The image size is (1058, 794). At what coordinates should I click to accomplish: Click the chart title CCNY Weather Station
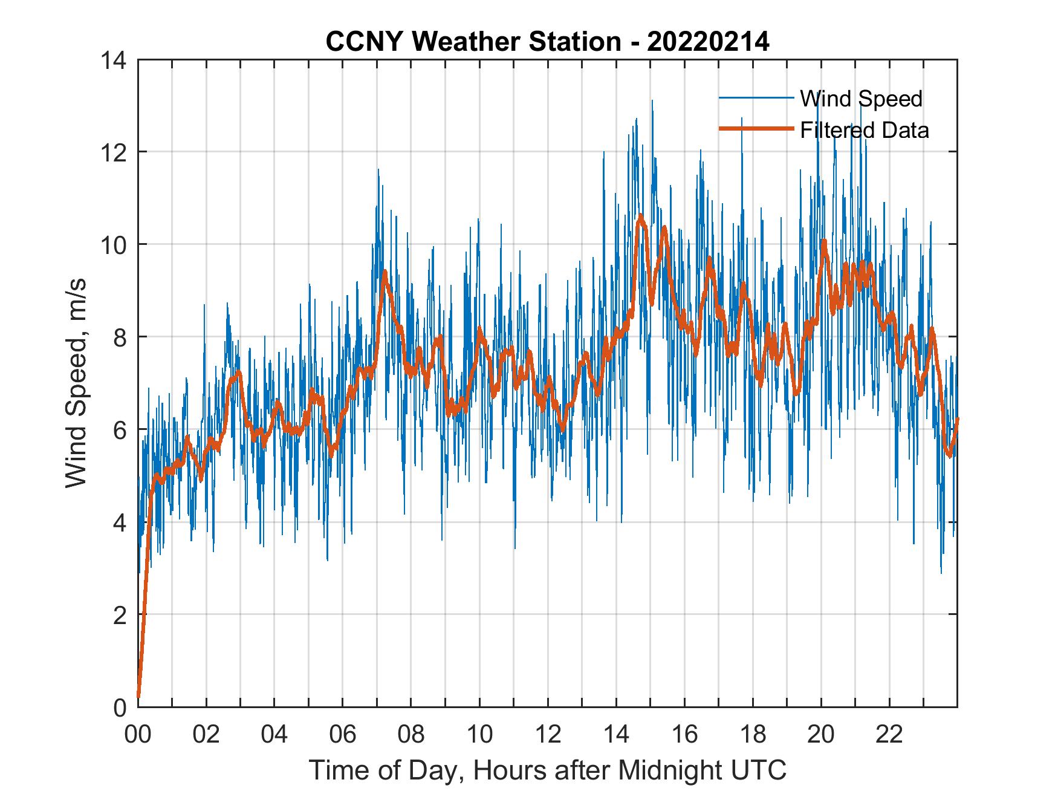(472, 42)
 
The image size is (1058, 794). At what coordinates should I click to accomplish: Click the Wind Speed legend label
(861, 99)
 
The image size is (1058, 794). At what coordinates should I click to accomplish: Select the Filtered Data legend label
(865, 130)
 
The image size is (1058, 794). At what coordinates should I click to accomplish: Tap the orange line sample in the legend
(756, 129)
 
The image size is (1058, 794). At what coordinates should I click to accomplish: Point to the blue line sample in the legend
(756, 98)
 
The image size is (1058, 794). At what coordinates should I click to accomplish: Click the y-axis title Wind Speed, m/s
(77, 383)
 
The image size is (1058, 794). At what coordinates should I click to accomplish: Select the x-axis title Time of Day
(547, 770)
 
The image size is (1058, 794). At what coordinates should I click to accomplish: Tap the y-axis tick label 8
(119, 337)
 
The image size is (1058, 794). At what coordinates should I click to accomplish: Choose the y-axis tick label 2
(119, 615)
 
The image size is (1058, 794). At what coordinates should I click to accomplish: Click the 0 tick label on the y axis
(119, 708)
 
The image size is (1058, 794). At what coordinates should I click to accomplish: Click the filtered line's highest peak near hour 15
(640, 215)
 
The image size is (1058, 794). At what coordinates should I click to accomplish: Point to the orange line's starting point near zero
(138, 697)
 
